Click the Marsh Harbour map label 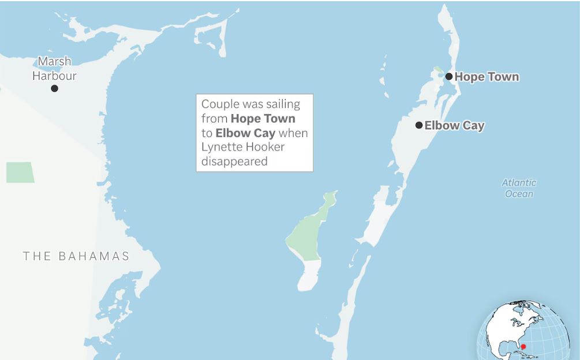click(x=54, y=68)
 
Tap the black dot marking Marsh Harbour click(x=54, y=88)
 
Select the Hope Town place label click(x=487, y=77)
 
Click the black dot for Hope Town click(x=448, y=76)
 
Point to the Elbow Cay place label click(x=454, y=125)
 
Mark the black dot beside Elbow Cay click(x=419, y=125)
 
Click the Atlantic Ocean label click(x=519, y=188)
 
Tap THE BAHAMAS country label click(x=76, y=256)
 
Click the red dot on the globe click(x=523, y=347)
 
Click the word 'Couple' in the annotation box click(x=220, y=104)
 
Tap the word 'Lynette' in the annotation click(x=219, y=147)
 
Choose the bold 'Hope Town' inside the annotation click(x=263, y=119)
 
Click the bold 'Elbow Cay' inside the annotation click(x=245, y=133)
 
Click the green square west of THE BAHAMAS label click(x=20, y=172)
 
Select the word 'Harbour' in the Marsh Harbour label click(x=54, y=76)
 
